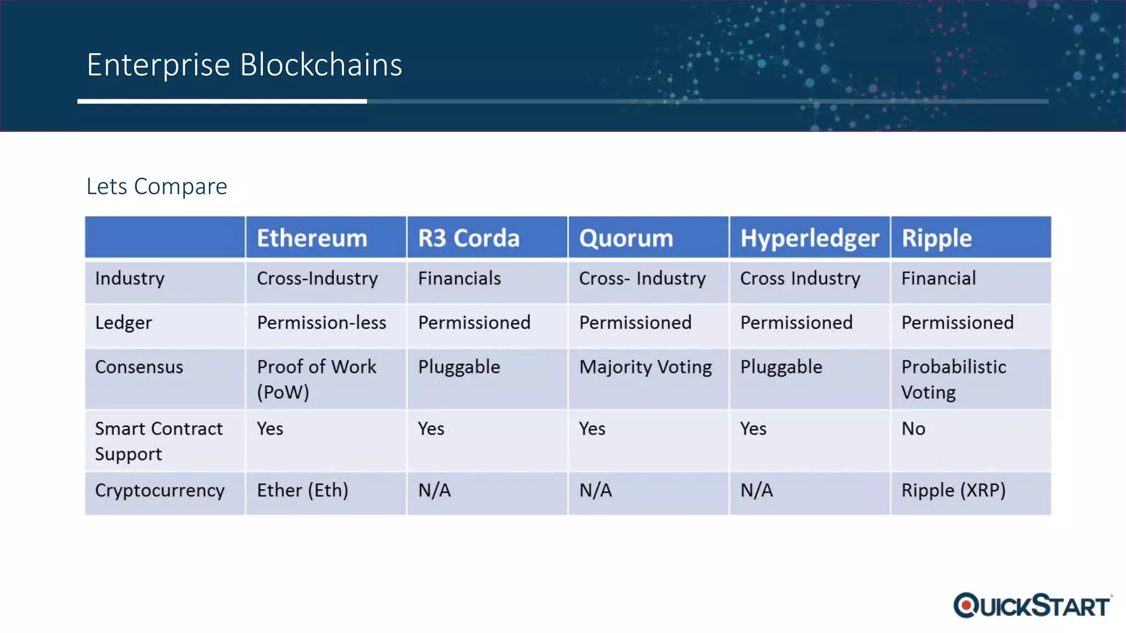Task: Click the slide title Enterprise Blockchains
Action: tap(244, 65)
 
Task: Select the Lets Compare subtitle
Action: tap(157, 187)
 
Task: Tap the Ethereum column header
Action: tap(312, 238)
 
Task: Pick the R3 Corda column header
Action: tap(468, 238)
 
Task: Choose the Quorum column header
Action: tap(626, 238)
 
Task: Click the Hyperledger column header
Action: tap(809, 238)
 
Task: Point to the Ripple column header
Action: tap(936, 238)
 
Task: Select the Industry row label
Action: tap(130, 279)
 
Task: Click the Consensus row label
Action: tap(139, 367)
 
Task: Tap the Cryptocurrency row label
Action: tap(159, 490)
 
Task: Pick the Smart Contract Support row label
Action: tap(158, 441)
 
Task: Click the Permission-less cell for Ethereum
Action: tap(322, 323)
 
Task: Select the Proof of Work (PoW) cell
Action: tap(316, 379)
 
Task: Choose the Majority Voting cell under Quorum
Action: tap(645, 367)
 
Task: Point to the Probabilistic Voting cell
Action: tap(953, 379)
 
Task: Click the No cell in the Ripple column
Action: tap(913, 429)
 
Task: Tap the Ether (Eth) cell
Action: tap(302, 490)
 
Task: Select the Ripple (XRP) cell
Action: tap(953, 490)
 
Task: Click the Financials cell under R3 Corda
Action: tap(459, 279)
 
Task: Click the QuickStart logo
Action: tap(1033, 606)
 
